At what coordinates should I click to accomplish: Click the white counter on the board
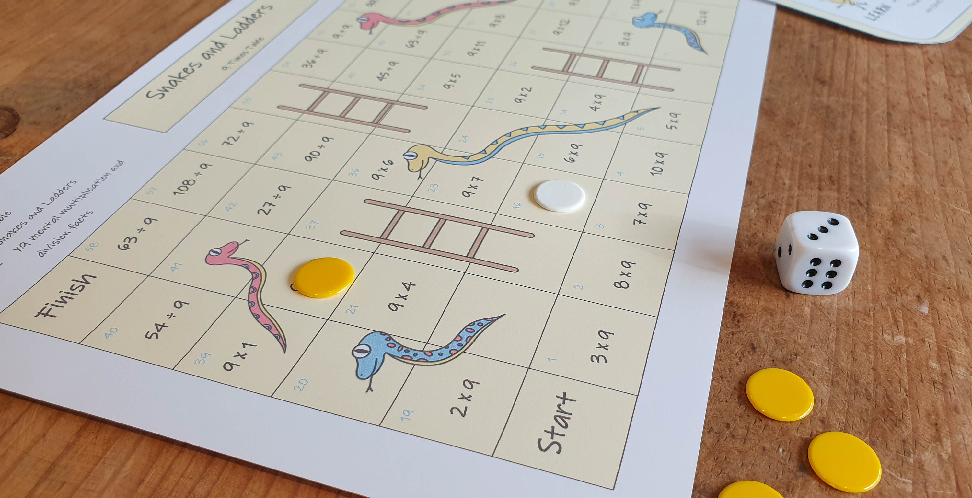pyautogui.click(x=560, y=196)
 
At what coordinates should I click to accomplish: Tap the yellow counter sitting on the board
pyautogui.click(x=324, y=277)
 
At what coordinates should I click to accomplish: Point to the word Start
pyautogui.click(x=557, y=423)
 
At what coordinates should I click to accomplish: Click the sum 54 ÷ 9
pyautogui.click(x=166, y=319)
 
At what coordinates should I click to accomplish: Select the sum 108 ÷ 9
pyautogui.click(x=192, y=179)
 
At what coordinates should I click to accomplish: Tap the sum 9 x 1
pyautogui.click(x=239, y=356)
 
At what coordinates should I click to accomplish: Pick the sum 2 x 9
pyautogui.click(x=465, y=398)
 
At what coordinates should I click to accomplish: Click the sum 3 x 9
pyautogui.click(x=603, y=346)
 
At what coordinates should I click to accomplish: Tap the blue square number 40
pyautogui.click(x=111, y=333)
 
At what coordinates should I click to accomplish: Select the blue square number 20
pyautogui.click(x=301, y=385)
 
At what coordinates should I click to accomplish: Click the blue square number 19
pyautogui.click(x=407, y=415)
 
